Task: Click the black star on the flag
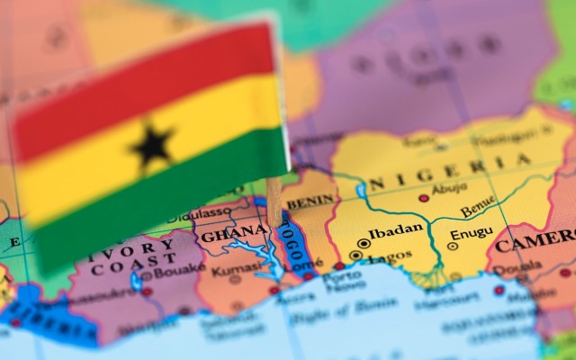click(x=152, y=145)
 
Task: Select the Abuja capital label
click(x=450, y=190)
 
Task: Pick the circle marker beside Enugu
click(x=453, y=245)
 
